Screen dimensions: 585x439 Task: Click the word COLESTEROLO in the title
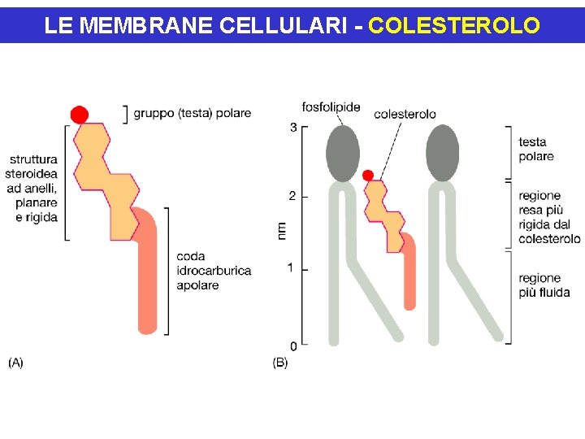click(x=453, y=25)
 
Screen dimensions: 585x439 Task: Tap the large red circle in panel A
click(x=80, y=115)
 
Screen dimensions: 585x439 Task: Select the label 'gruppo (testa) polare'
click(x=193, y=113)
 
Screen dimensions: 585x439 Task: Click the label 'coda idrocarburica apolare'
click(x=213, y=271)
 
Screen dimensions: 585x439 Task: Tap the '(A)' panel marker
click(x=15, y=363)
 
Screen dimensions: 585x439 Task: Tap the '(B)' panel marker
click(x=279, y=363)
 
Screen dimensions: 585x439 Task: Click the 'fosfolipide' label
click(x=331, y=107)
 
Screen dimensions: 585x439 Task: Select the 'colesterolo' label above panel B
click(x=405, y=114)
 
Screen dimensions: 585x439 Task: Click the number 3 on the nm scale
click(x=292, y=128)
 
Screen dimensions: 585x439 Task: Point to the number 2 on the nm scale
click(x=292, y=196)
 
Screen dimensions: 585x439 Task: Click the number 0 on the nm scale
click(x=292, y=346)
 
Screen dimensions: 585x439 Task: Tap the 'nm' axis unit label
click(x=281, y=230)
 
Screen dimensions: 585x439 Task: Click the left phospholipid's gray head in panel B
click(x=343, y=154)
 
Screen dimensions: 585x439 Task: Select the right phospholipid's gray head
click(x=443, y=154)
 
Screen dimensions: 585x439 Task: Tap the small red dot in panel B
click(x=368, y=175)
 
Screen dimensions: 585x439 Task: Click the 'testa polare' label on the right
click(x=535, y=150)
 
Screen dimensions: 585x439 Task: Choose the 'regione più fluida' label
click(x=544, y=285)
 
